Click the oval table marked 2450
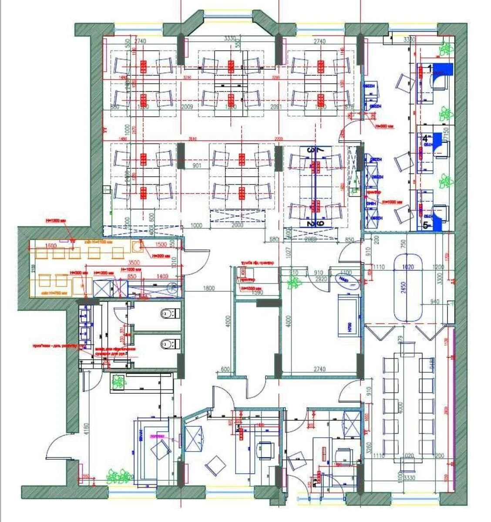(x=408, y=287)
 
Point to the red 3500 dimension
(x=134, y=263)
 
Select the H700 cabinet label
(x=349, y=324)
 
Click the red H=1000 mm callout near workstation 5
(x=393, y=202)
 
